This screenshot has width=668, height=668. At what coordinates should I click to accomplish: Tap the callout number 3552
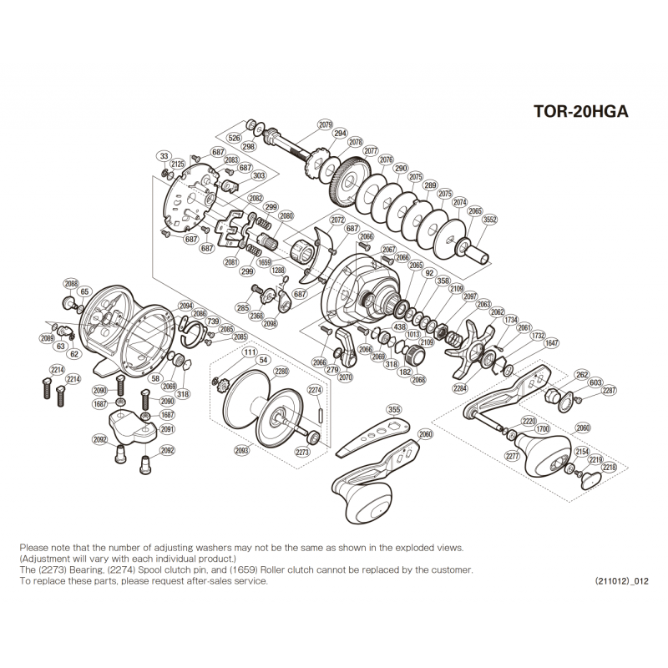(x=489, y=220)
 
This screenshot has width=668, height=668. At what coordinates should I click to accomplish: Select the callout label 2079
(x=326, y=124)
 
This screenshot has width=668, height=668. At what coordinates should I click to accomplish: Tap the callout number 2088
(x=71, y=282)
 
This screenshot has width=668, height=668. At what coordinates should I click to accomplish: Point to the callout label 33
(x=164, y=156)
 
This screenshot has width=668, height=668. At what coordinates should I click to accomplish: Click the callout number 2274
(x=315, y=389)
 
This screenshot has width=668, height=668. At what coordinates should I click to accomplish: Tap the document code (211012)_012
(x=621, y=581)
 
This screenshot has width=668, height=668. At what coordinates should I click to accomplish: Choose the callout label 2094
(x=185, y=306)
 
